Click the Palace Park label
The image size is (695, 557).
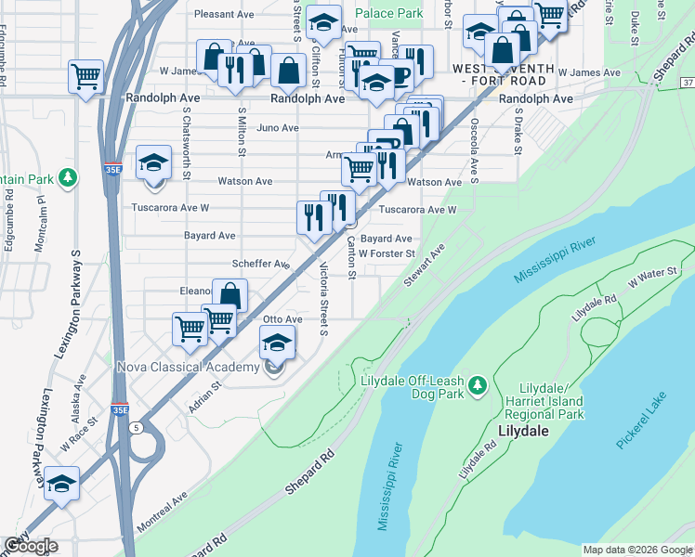pos(388,14)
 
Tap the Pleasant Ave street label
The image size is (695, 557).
pos(225,14)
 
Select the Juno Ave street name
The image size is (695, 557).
pos(278,128)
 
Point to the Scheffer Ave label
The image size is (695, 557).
pos(260,264)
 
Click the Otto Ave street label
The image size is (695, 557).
pos(282,319)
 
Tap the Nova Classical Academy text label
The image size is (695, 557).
pos(188,368)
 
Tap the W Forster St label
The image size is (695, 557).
pos(386,253)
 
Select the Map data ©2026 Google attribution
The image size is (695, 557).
pos(637,550)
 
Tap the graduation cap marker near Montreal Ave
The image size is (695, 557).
pos(62,484)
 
